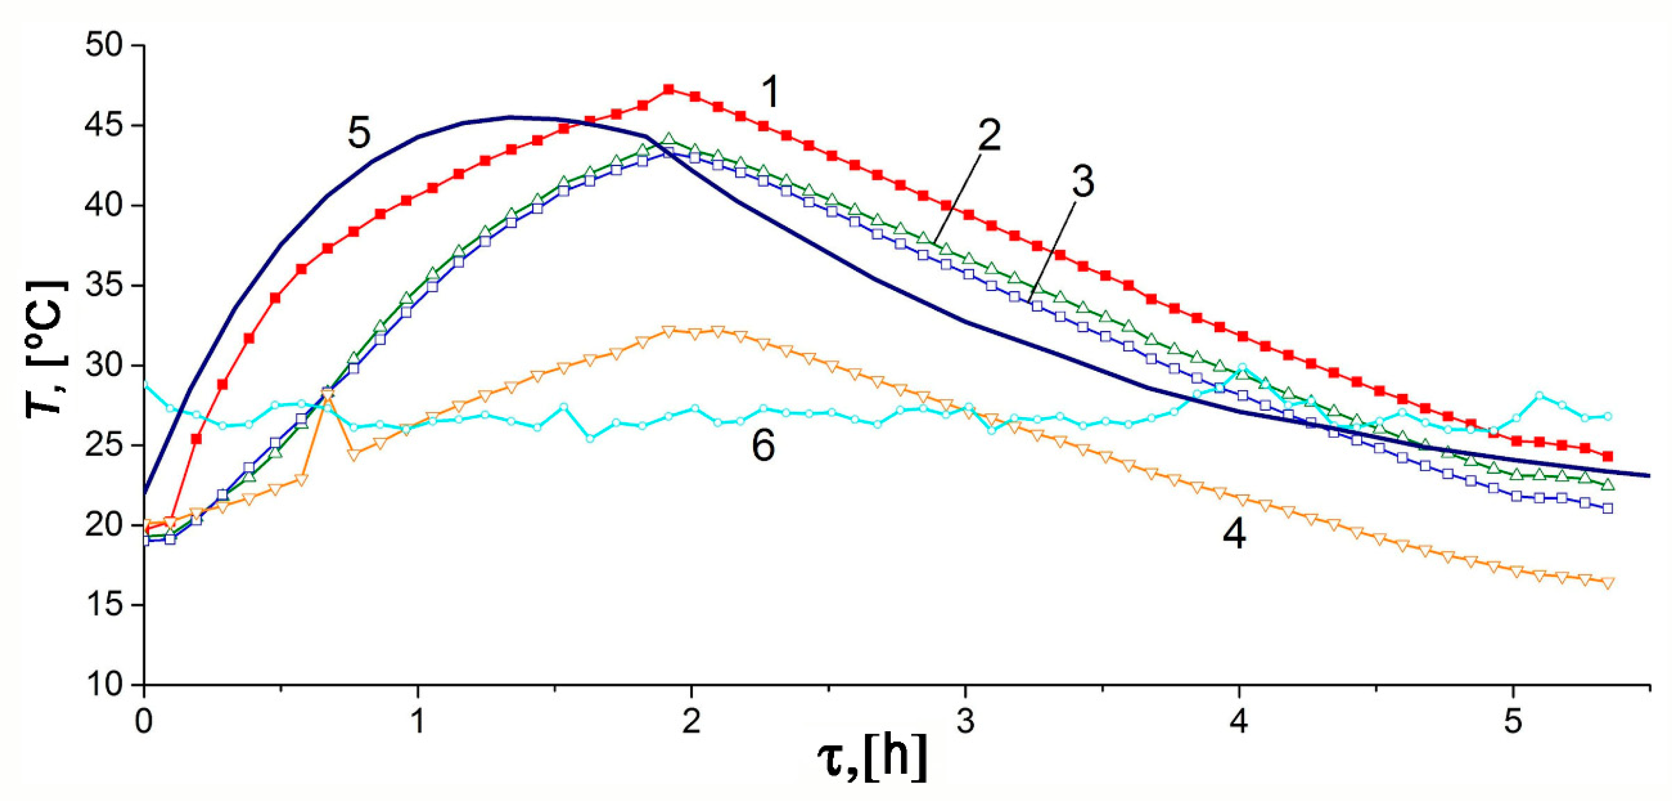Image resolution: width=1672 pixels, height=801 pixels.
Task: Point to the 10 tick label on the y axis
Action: tap(103, 685)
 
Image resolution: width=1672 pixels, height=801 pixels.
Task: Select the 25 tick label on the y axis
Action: tap(103, 445)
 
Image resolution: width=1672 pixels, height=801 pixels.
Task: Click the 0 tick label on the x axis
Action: tap(144, 720)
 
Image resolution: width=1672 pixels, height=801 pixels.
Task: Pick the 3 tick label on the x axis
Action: tap(966, 720)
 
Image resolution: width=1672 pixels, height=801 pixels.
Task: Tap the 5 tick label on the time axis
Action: tap(1513, 720)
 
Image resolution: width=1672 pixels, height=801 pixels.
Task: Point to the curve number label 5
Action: tap(359, 133)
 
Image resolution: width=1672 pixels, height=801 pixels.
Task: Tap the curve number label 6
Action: tap(763, 447)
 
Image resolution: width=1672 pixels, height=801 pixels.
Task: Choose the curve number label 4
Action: tap(1234, 535)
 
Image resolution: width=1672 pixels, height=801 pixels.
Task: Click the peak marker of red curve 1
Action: tap(669, 89)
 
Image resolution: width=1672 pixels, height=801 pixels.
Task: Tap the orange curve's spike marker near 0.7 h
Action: tap(328, 395)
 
